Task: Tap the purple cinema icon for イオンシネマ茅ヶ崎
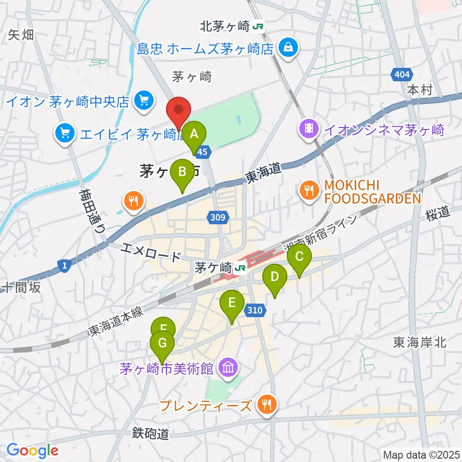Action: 307,129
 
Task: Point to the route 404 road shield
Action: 401,75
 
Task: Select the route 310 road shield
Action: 255,310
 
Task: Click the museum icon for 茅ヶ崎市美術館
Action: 228,369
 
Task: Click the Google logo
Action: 32,450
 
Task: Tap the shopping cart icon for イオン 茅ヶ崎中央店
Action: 143,102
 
